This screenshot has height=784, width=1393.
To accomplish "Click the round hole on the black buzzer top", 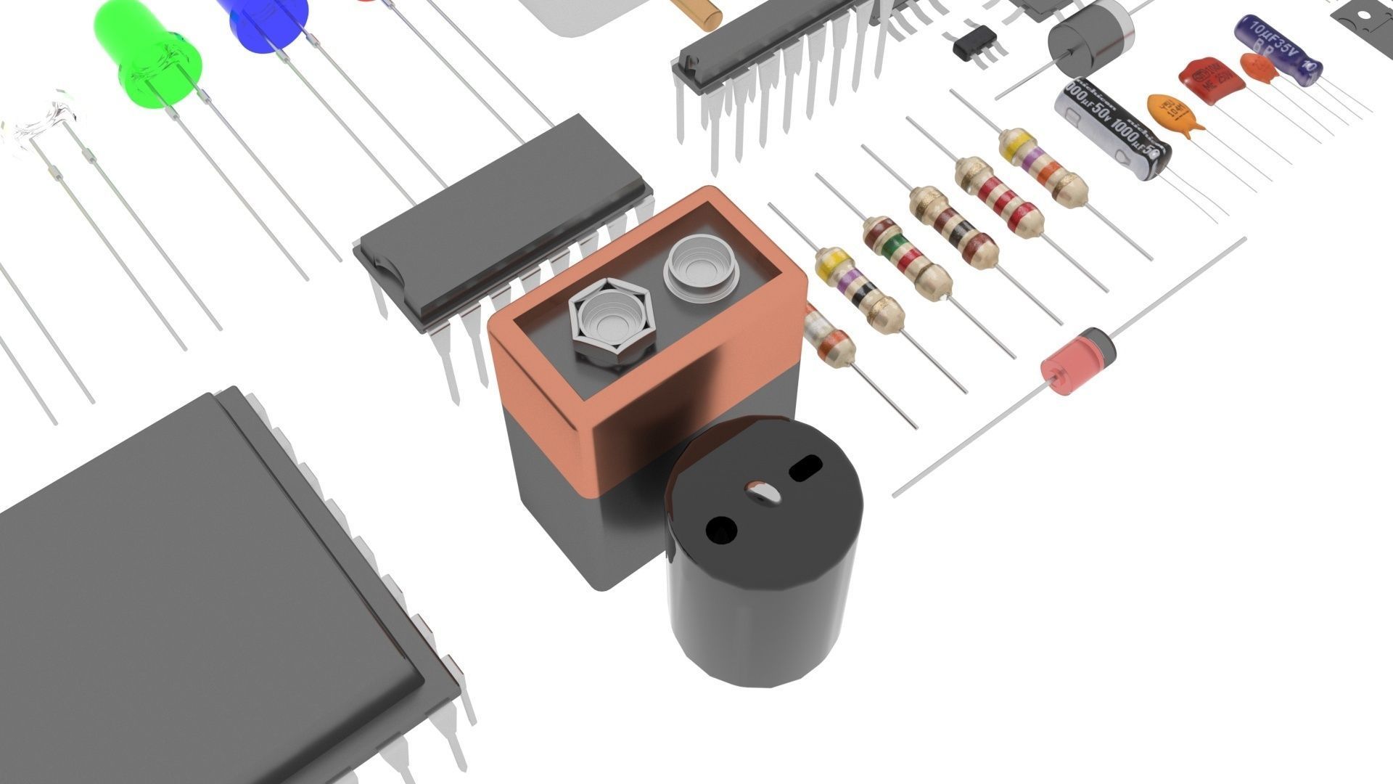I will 721,530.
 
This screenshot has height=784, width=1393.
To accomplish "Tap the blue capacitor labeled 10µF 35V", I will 1278,49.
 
